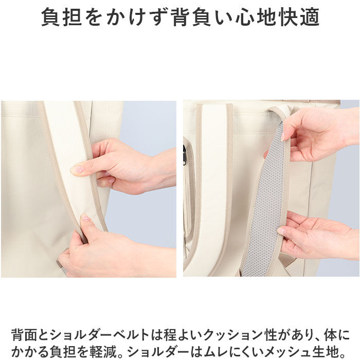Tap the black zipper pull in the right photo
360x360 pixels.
184,155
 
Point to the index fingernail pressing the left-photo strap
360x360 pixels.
77,169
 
